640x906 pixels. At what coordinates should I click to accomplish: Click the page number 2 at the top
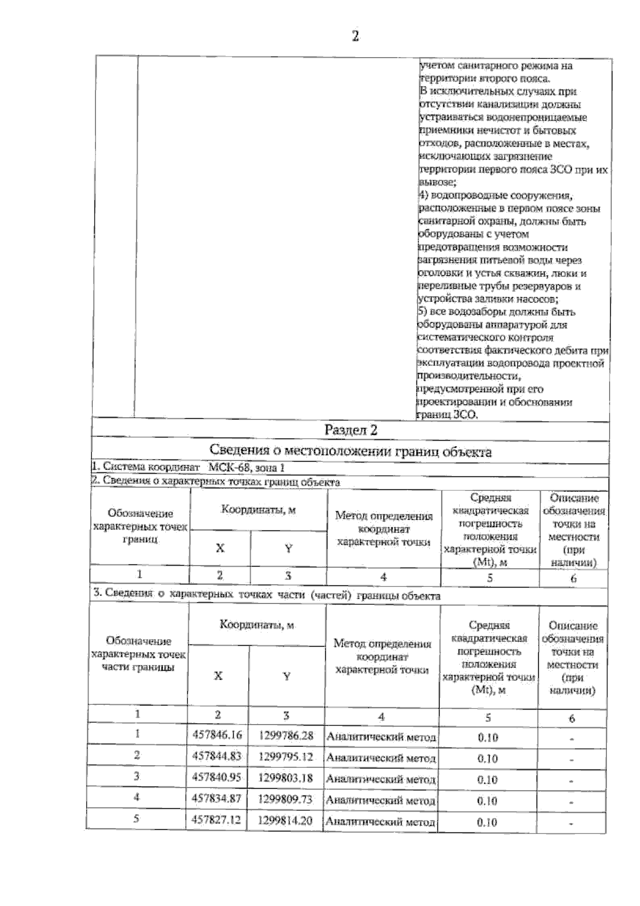[355, 36]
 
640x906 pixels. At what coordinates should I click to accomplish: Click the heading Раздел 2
[351, 430]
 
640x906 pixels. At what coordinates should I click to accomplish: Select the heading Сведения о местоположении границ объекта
[350, 452]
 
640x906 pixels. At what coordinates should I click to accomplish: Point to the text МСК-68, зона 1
[243, 467]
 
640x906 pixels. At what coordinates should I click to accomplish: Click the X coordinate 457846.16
[217, 735]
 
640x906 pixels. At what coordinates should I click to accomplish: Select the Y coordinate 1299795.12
[285, 757]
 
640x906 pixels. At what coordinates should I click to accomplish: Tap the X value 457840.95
[217, 777]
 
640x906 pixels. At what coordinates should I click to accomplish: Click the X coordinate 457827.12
[217, 820]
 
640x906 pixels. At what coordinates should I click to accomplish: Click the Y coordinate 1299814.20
[285, 820]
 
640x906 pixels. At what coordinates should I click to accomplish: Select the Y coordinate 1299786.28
[285, 735]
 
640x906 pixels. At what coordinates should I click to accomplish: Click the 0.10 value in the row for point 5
[487, 822]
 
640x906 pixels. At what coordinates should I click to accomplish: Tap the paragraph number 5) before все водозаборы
[422, 312]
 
